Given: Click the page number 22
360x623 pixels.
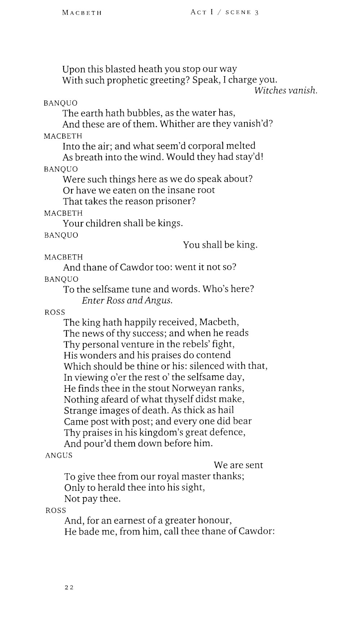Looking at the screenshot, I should coord(69,587).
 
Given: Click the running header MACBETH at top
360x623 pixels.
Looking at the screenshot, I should coord(82,13).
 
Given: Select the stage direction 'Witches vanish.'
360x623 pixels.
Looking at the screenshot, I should coord(286,91).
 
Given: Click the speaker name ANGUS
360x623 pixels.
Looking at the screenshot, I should coord(59,455).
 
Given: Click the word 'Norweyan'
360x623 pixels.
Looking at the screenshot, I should coord(194,388).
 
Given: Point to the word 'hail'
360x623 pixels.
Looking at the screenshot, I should coord(226,410).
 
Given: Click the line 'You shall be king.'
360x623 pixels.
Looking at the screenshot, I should coord(220,245).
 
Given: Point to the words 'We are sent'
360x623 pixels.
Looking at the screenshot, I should coord(238,465).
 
